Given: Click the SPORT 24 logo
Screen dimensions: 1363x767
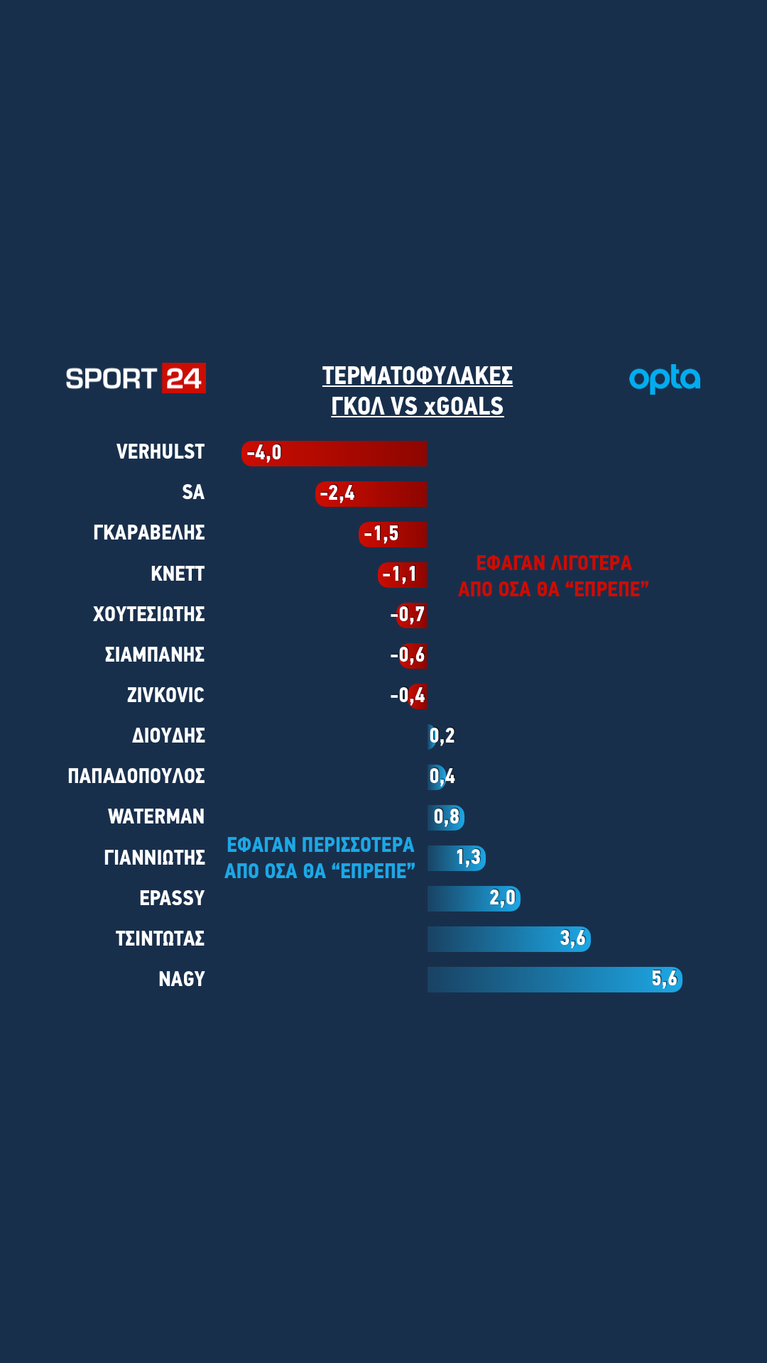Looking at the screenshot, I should point(135,378).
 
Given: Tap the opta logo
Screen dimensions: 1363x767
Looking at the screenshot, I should point(665,379).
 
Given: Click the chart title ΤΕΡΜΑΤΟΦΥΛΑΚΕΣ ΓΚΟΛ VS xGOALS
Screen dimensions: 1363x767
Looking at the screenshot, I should point(418,390).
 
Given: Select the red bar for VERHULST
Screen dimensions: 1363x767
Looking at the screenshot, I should point(334,454).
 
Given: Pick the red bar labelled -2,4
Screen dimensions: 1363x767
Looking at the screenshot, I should point(371,494).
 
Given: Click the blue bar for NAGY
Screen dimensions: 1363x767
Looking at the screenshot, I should point(554,980).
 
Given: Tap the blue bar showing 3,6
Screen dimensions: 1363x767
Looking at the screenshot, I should point(508,939).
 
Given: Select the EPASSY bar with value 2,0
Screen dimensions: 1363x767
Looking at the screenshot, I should point(474,899).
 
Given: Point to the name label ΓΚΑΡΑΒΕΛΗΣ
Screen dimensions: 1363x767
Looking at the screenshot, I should point(149,533).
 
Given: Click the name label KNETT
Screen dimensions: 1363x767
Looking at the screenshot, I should point(178,574).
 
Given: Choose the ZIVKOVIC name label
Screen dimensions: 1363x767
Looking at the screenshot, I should point(165,695).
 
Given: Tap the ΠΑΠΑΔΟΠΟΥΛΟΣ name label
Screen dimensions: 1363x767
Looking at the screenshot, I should point(136,776).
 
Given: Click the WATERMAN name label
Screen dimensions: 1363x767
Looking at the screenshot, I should point(156,817).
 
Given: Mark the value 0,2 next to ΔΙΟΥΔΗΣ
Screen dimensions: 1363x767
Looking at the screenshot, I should point(442,736).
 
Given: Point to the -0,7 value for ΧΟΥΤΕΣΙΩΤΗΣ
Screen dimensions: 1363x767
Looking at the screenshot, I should point(408,615).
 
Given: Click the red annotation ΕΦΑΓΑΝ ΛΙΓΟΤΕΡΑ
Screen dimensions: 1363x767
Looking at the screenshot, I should point(553,576).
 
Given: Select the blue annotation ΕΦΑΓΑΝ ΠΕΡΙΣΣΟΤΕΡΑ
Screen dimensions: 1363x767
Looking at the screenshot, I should point(320,858).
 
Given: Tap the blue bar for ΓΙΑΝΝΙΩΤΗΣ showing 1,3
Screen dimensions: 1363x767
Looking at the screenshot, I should point(457,858).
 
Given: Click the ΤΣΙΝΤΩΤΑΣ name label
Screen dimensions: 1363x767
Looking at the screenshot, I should point(160,938).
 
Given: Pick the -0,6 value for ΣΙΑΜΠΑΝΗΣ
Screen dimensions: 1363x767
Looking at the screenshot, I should point(408,655).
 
